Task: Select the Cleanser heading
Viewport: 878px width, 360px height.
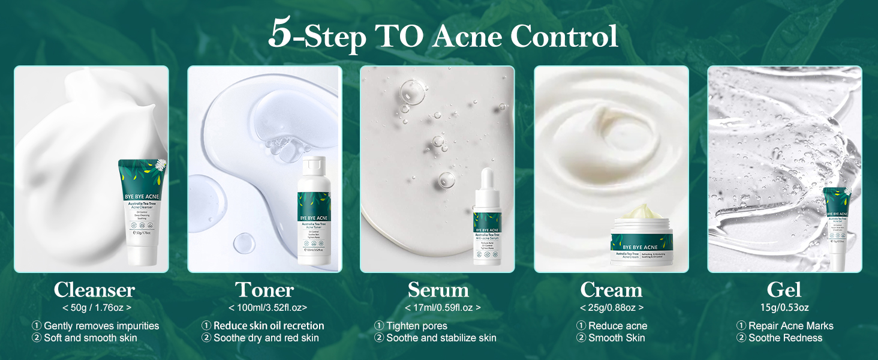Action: [94, 290]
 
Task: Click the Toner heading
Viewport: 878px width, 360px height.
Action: [264, 290]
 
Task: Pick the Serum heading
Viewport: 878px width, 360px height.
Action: [438, 290]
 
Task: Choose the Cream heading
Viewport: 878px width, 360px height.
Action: [611, 290]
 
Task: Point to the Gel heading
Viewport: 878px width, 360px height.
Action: [784, 290]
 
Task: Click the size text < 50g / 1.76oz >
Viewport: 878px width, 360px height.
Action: [97, 308]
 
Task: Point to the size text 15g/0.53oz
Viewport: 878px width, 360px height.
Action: [784, 308]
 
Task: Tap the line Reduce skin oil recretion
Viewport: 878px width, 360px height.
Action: [269, 326]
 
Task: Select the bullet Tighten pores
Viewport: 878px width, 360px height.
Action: [416, 326]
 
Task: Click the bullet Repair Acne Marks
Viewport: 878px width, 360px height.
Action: [790, 326]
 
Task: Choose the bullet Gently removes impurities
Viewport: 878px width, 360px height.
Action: [101, 326]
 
